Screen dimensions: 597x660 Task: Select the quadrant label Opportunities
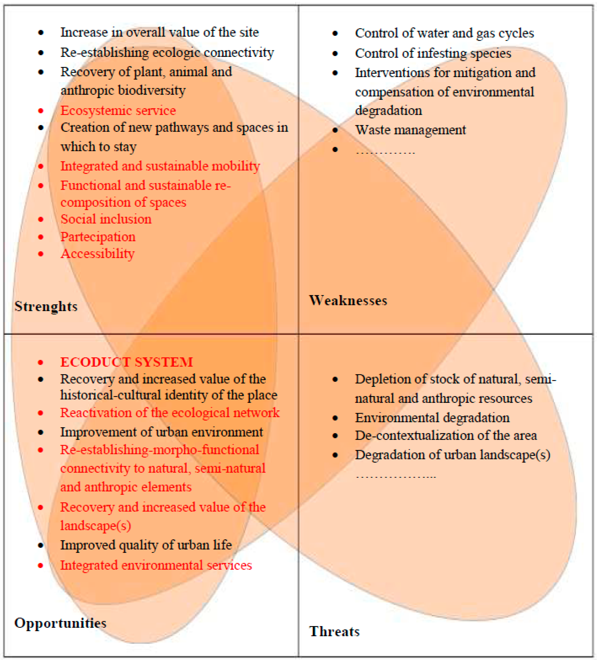coord(60,623)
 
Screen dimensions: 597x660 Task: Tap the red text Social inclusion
coord(106,219)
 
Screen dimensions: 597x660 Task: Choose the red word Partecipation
coord(98,237)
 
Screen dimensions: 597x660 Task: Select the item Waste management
coord(410,130)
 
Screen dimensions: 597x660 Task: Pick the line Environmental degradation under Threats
coord(432,418)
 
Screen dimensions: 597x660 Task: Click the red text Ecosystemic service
coord(118,111)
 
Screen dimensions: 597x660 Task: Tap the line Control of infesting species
coord(433,53)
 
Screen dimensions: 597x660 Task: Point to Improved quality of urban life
coord(146,545)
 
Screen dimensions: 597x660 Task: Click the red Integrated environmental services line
coord(156,565)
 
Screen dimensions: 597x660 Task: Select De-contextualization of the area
coord(446,435)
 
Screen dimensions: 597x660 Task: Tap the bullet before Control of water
coord(335,33)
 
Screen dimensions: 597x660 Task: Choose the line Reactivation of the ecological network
coord(170,412)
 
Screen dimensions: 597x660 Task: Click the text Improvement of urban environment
coord(161,432)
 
